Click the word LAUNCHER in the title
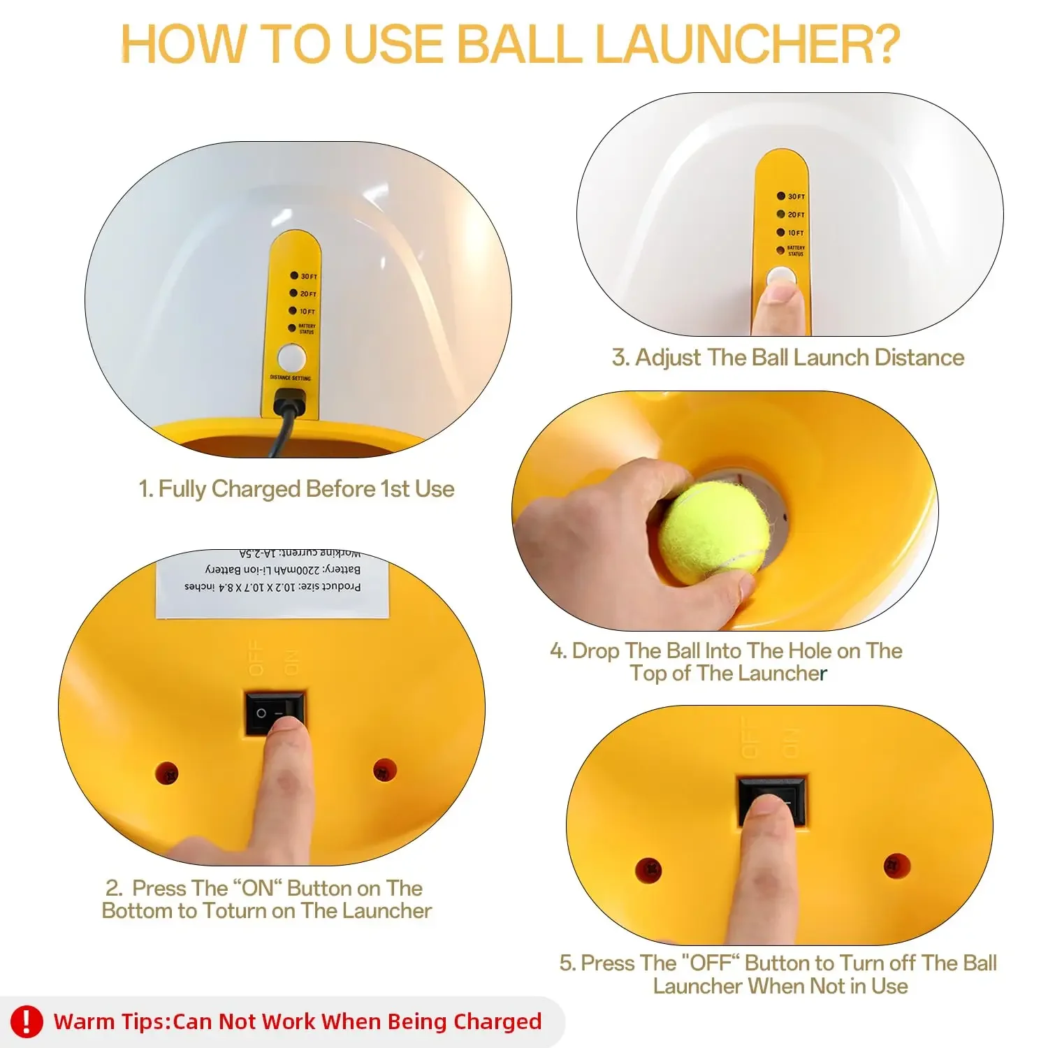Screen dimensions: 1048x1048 748,44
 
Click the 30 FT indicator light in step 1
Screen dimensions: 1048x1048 294,276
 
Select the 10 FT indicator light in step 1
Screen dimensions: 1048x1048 293,311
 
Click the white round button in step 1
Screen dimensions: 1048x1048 291,358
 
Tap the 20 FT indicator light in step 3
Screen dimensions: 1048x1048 781,214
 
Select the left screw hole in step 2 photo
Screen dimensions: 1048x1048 167,773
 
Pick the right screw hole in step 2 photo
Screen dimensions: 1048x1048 384,769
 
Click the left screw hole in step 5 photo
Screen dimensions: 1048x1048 649,870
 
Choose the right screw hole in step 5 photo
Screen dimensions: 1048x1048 896,866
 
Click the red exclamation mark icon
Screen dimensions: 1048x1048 27,1021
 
